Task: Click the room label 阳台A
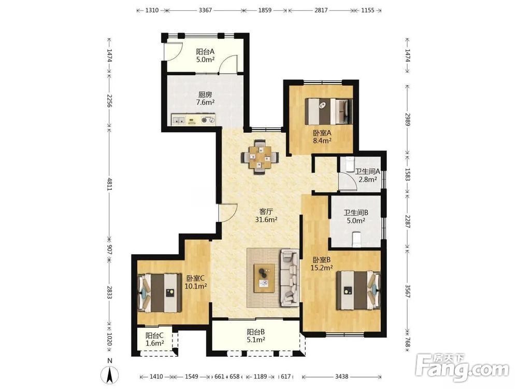[x=205, y=51]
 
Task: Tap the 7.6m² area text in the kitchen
[x=205, y=102]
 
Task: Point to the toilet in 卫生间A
[x=349, y=164]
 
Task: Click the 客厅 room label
[x=266, y=211]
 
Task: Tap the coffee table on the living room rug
[x=264, y=278]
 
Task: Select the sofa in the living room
[x=290, y=279]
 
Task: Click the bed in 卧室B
[x=358, y=290]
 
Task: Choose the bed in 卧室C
[x=160, y=293]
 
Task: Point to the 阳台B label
[x=256, y=332]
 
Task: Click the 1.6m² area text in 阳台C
[x=155, y=343]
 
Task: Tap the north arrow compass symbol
[x=110, y=374]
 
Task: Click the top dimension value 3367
[x=205, y=10]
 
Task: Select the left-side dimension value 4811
[x=109, y=184]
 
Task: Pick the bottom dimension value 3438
[x=341, y=377]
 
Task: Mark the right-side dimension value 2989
[x=407, y=119]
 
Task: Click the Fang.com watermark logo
[x=462, y=368]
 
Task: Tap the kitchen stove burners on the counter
[x=208, y=120]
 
